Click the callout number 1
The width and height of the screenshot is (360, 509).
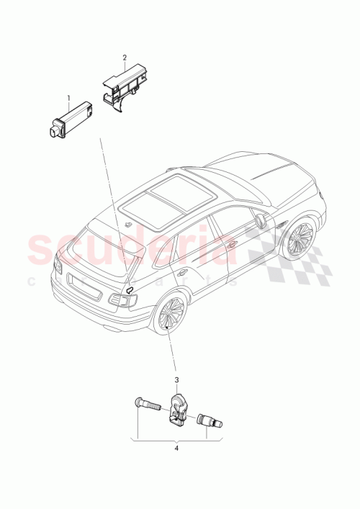pos(69,97)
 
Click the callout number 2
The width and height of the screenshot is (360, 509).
pos(124,57)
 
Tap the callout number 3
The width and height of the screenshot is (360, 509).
pos(175,379)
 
